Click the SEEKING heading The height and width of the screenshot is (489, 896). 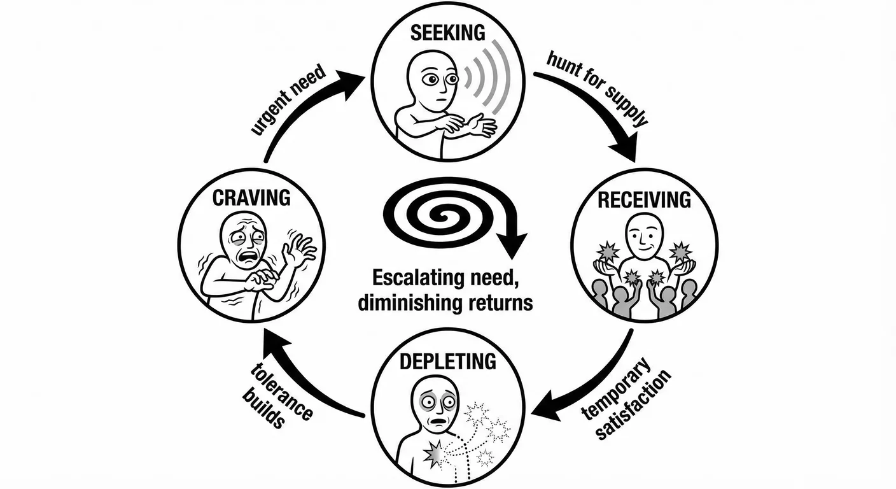click(x=447, y=33)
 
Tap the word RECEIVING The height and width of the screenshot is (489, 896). click(x=644, y=200)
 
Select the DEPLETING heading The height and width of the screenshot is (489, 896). click(x=447, y=362)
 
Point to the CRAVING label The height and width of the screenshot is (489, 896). click(x=251, y=198)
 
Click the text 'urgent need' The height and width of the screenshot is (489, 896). click(x=288, y=100)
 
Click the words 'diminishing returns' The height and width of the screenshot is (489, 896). click(x=445, y=302)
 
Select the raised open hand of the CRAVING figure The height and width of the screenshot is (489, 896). click(x=299, y=252)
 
